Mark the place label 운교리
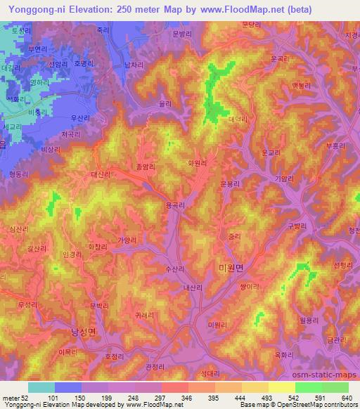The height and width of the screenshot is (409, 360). point(271,152)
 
